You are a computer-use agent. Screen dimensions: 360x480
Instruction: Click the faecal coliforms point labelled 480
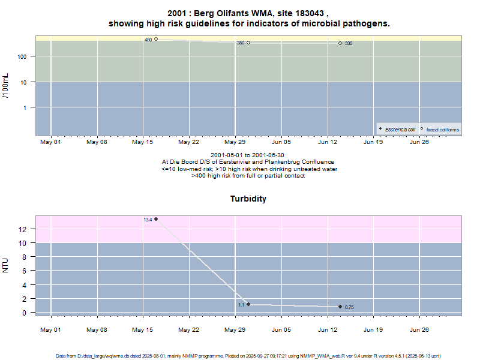point(156,39)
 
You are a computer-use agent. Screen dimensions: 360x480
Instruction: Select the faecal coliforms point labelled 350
point(248,43)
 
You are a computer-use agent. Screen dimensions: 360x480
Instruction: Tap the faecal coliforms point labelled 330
point(340,43)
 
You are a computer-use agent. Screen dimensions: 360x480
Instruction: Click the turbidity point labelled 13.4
point(156,219)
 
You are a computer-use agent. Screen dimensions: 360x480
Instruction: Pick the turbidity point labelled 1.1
point(248,304)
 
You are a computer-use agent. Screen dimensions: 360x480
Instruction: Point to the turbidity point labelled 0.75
point(340,307)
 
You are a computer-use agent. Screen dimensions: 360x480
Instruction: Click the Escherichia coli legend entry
point(400,129)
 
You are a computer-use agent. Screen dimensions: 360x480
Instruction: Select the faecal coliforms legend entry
point(442,129)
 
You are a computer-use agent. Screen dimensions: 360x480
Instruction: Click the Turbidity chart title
point(248,199)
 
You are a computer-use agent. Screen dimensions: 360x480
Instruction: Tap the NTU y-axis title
point(6,265)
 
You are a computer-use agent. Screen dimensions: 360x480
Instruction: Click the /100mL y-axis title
point(6,88)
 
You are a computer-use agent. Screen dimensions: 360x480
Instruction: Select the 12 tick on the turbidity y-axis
point(22,229)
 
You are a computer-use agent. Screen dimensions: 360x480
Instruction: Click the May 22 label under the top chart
point(188,142)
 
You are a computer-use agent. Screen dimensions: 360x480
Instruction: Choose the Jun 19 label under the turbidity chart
point(373,329)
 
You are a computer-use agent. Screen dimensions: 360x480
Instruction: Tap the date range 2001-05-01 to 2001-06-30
point(248,155)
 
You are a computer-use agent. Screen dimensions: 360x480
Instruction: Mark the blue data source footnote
point(248,356)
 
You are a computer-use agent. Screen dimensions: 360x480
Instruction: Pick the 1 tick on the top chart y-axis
point(29,107)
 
